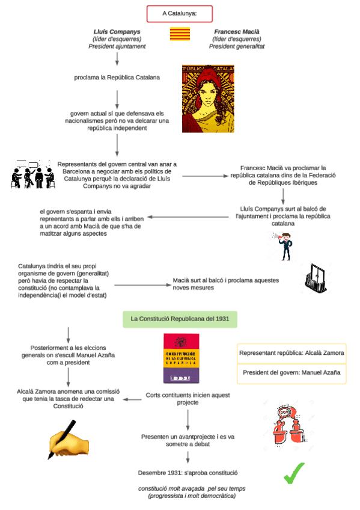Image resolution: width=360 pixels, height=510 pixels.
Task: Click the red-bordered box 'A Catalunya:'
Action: (x=179, y=13)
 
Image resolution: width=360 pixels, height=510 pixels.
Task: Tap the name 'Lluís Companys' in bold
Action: (x=117, y=31)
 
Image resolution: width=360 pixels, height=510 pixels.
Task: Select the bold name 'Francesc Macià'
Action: (x=237, y=31)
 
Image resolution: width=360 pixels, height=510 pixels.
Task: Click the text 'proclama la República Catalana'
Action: (x=117, y=77)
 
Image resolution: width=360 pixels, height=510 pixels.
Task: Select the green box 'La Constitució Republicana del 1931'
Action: (x=179, y=319)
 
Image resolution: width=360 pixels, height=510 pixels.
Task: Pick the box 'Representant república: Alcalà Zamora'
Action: (x=291, y=353)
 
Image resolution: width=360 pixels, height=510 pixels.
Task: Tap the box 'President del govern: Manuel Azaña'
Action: (x=291, y=373)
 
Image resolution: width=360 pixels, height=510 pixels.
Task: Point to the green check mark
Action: (x=294, y=473)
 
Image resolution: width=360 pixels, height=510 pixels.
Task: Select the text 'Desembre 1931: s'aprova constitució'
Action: (x=188, y=473)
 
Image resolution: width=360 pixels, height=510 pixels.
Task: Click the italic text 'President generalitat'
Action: (x=237, y=46)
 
